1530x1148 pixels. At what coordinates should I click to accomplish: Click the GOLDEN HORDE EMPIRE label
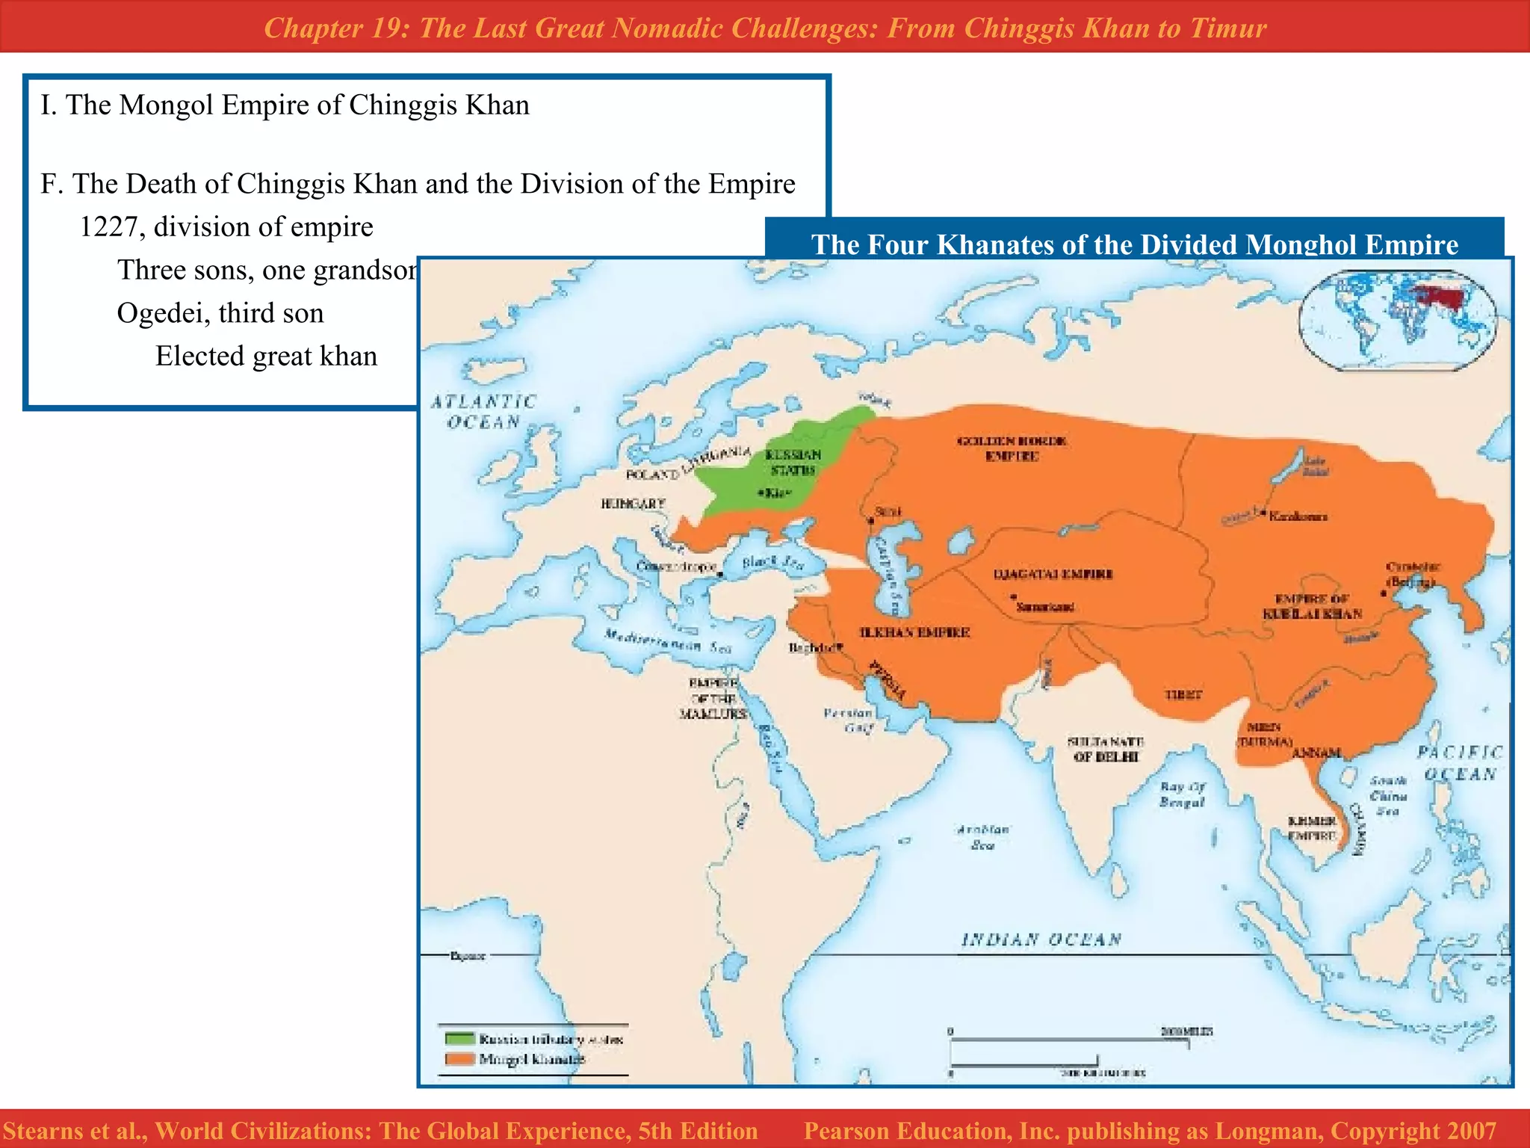point(1012,448)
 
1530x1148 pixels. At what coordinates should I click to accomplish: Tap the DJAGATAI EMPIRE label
point(1053,574)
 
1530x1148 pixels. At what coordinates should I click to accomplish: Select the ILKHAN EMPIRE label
point(914,632)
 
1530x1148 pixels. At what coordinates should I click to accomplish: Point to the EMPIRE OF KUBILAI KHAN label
point(1312,607)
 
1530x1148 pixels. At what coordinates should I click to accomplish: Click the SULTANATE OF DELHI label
point(1106,749)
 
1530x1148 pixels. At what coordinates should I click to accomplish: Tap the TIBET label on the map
point(1183,694)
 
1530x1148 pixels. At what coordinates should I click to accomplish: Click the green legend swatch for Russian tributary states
point(459,1039)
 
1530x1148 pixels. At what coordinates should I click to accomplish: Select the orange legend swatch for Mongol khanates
point(459,1059)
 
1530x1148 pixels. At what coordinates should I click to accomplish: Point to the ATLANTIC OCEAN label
point(483,412)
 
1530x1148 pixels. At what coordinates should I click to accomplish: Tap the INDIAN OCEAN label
point(1041,939)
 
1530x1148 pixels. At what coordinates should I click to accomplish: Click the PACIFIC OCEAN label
point(1460,763)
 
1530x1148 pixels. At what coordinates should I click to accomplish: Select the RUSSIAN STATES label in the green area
point(793,463)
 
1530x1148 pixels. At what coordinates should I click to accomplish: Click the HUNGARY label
point(633,504)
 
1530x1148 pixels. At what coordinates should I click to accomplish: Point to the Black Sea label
point(772,563)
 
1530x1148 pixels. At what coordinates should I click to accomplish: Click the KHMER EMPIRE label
point(1312,828)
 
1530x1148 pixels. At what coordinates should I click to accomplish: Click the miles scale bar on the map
point(1068,1040)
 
